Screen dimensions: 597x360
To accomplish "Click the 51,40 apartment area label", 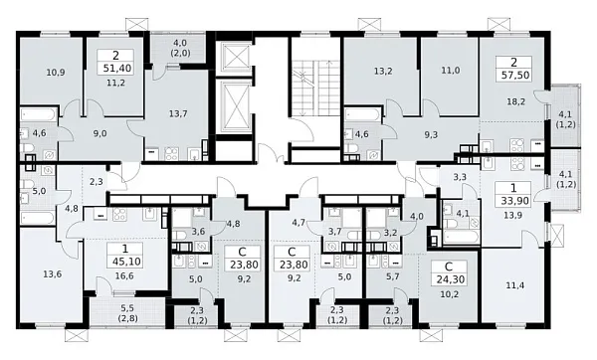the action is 117,69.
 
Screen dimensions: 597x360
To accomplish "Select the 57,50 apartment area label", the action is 515,75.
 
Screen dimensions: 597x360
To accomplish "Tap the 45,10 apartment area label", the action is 126,262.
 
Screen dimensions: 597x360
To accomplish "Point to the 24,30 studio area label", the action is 451,279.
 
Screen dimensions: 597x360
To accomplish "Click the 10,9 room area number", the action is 56,72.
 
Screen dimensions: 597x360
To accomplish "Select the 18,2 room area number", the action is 515,101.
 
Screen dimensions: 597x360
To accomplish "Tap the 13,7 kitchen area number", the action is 178,113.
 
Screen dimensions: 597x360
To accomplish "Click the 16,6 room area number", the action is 124,275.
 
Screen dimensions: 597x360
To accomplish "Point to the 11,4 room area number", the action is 515,284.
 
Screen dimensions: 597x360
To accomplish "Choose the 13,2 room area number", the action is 383,72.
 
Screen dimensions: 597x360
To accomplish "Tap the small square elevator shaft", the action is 234,60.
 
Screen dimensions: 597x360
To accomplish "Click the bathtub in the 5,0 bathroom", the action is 38,219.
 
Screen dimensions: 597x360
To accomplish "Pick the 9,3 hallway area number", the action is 431,134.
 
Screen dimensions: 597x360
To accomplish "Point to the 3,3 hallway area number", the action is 460,177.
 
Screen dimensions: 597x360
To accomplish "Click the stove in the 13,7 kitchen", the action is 171,153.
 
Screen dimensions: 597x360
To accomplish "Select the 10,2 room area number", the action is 450,293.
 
